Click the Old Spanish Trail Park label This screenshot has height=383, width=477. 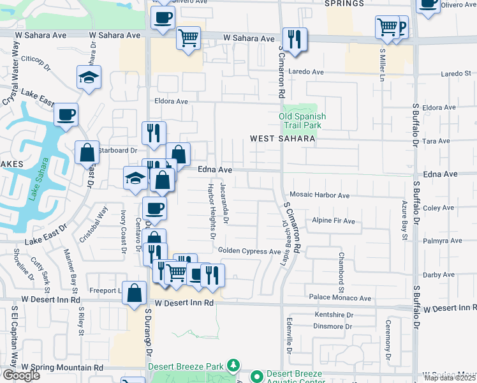point(302,121)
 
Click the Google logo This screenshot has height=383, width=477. point(20,375)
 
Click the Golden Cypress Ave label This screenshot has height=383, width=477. point(249,252)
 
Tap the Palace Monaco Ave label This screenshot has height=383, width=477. point(339,297)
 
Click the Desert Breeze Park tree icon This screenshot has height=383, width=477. point(234,366)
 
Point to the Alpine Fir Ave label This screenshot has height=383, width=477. point(333,221)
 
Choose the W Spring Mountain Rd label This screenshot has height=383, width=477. point(62,368)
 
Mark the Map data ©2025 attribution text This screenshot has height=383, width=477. point(450,378)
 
